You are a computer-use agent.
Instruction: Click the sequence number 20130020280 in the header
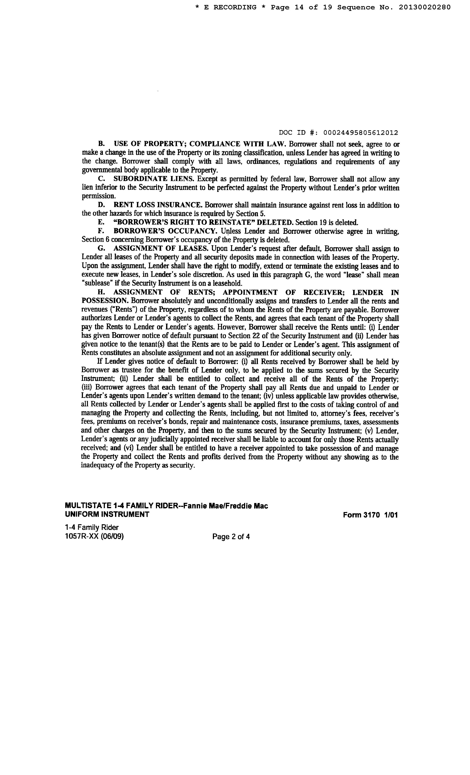[x=425, y=7]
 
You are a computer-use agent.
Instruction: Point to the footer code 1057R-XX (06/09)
[x=94, y=536]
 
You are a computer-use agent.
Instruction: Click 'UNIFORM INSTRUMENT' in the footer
[x=107, y=514]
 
